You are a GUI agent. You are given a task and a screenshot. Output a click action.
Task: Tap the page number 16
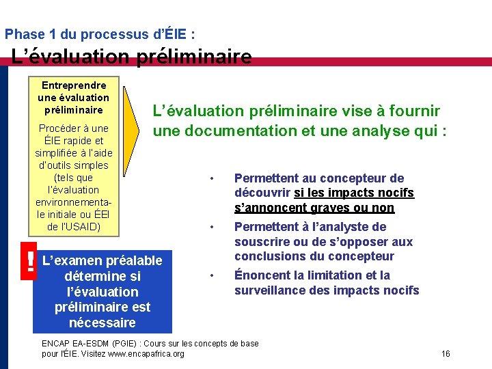(446, 353)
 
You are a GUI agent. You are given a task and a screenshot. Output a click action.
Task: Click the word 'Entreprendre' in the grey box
(74, 85)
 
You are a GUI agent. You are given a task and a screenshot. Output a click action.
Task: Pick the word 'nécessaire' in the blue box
(102, 323)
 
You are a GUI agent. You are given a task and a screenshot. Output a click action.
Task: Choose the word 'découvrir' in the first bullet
(262, 193)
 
